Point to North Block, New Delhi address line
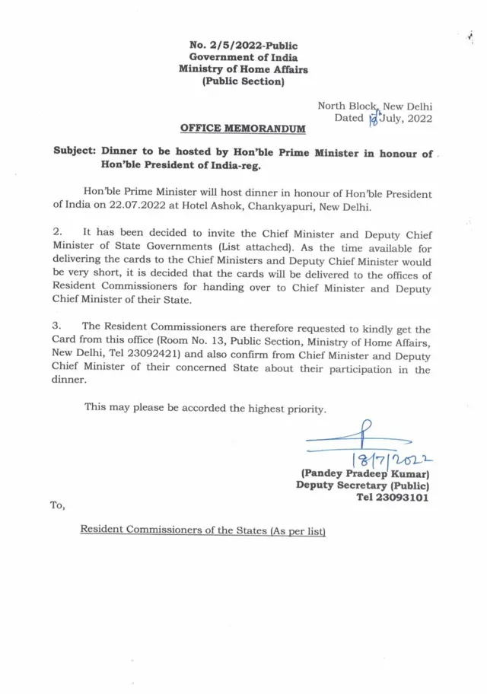pos(374,106)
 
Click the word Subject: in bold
pos(74,152)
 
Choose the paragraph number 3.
pos(56,329)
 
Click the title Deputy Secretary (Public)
pos(363,486)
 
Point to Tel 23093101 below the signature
pos(393,498)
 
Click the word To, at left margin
pos(58,505)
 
